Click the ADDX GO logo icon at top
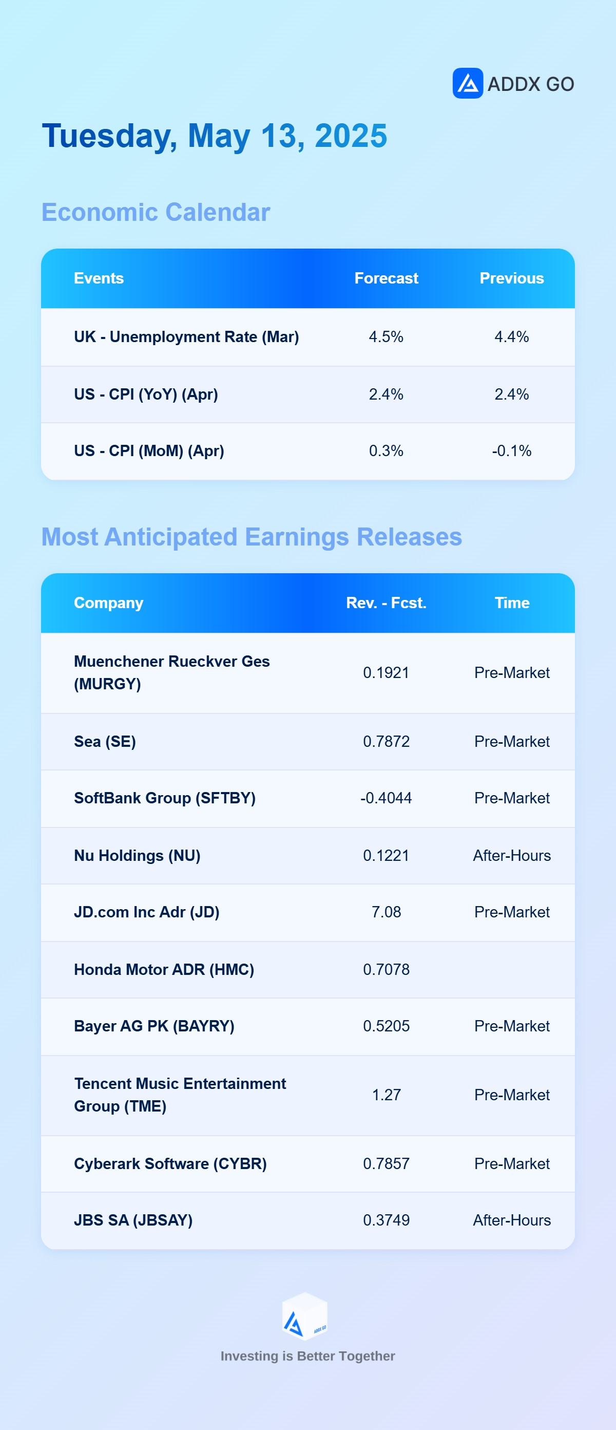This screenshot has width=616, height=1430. (x=467, y=83)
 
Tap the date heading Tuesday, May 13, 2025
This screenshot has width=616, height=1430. (x=215, y=137)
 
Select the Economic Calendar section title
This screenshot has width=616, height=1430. (x=156, y=212)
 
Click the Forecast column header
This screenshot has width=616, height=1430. (x=386, y=278)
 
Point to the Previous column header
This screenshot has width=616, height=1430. (x=512, y=278)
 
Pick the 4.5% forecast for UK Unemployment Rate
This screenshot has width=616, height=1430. (x=386, y=337)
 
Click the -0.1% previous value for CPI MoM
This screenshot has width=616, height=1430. (x=512, y=451)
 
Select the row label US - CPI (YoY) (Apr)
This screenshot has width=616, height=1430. (x=146, y=394)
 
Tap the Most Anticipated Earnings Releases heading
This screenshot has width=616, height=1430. (x=252, y=537)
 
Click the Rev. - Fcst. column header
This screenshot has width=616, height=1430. (x=386, y=603)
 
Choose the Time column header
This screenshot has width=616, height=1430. (x=512, y=603)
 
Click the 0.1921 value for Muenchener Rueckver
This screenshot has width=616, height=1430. (x=386, y=673)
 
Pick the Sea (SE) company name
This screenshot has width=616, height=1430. (x=105, y=742)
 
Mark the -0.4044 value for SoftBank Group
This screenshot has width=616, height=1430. (x=386, y=798)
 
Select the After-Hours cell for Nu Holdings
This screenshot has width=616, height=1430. (x=512, y=855)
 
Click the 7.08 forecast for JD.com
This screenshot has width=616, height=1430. (x=386, y=912)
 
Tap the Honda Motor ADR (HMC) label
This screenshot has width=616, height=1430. (x=164, y=970)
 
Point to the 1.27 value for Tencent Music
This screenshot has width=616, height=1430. (x=386, y=1095)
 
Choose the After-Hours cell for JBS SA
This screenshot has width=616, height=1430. (x=512, y=1220)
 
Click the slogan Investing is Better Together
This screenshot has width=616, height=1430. (x=308, y=1356)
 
